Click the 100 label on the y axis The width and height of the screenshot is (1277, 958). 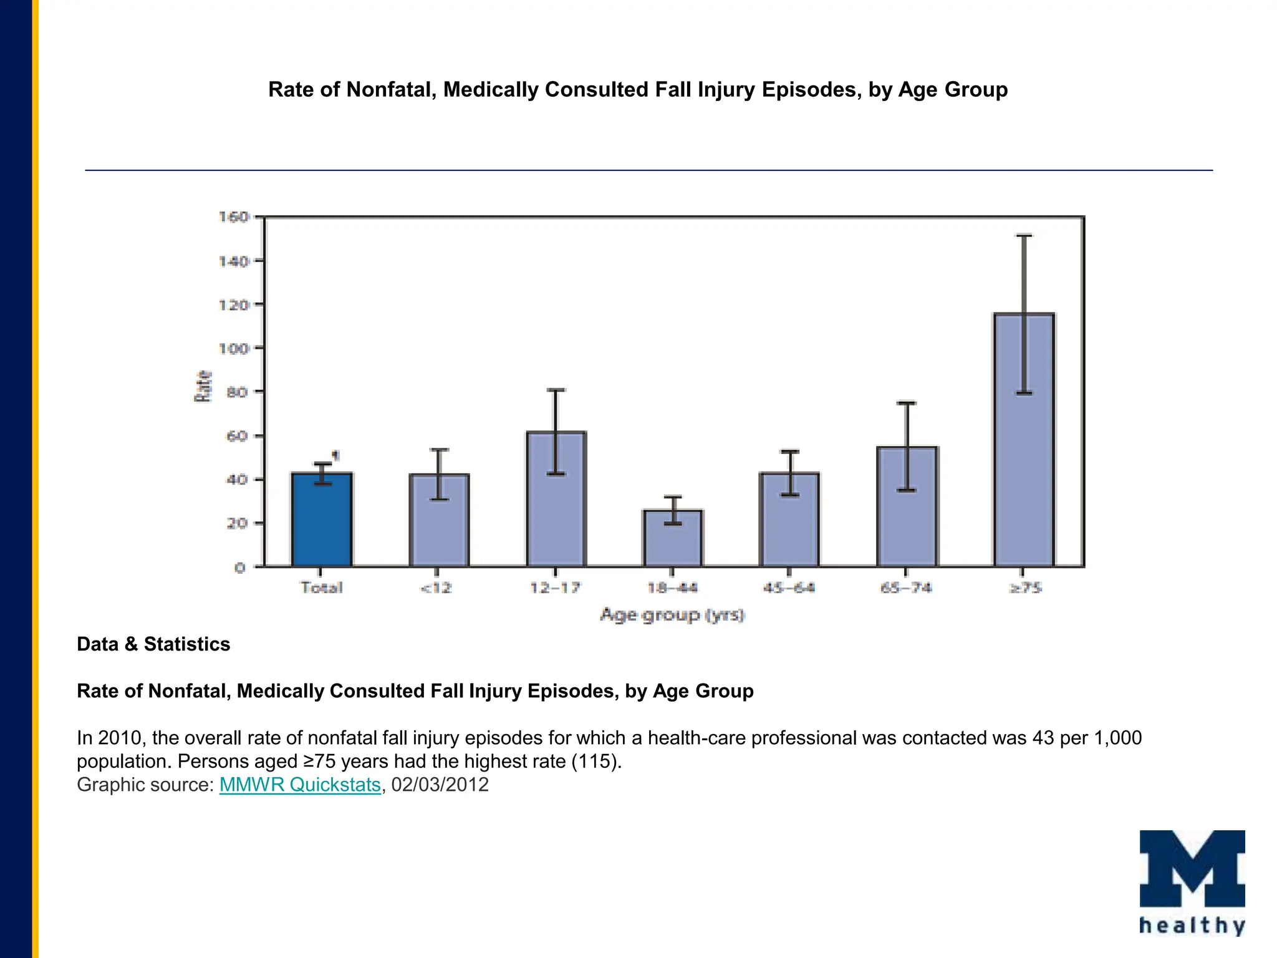(x=234, y=349)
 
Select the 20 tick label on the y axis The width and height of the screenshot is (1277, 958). (x=237, y=523)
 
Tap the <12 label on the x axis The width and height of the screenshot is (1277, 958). (x=436, y=588)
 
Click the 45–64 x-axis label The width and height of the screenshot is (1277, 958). (x=789, y=588)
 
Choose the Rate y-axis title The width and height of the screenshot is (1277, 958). (x=204, y=386)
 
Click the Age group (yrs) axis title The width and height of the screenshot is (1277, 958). (x=672, y=615)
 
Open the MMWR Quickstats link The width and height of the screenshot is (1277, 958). (x=300, y=785)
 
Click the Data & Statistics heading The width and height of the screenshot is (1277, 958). (x=153, y=644)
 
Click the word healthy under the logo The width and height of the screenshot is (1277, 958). (x=1192, y=926)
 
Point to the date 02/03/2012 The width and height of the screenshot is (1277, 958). (x=440, y=785)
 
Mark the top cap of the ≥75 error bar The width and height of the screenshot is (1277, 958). (x=1024, y=236)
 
